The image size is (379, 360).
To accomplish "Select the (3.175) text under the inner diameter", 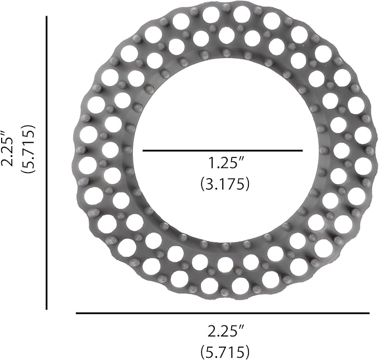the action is tap(225, 184).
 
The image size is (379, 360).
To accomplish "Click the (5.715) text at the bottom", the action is tap(225, 352).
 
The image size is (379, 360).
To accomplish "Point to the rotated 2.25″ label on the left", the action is tap(7, 148).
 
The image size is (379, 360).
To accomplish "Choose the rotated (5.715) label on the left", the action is tap(28, 149).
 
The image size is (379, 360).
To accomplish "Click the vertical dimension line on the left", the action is tap(47, 163).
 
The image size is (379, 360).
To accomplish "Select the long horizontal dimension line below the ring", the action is tap(223, 313).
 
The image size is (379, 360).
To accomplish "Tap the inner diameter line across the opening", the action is tap(223, 151).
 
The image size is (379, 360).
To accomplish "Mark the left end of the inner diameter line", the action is tap(143, 151).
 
